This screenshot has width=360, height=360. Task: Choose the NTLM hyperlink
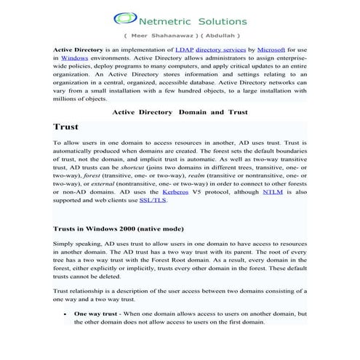[273, 193]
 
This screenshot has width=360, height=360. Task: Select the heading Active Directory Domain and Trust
[180, 112]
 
